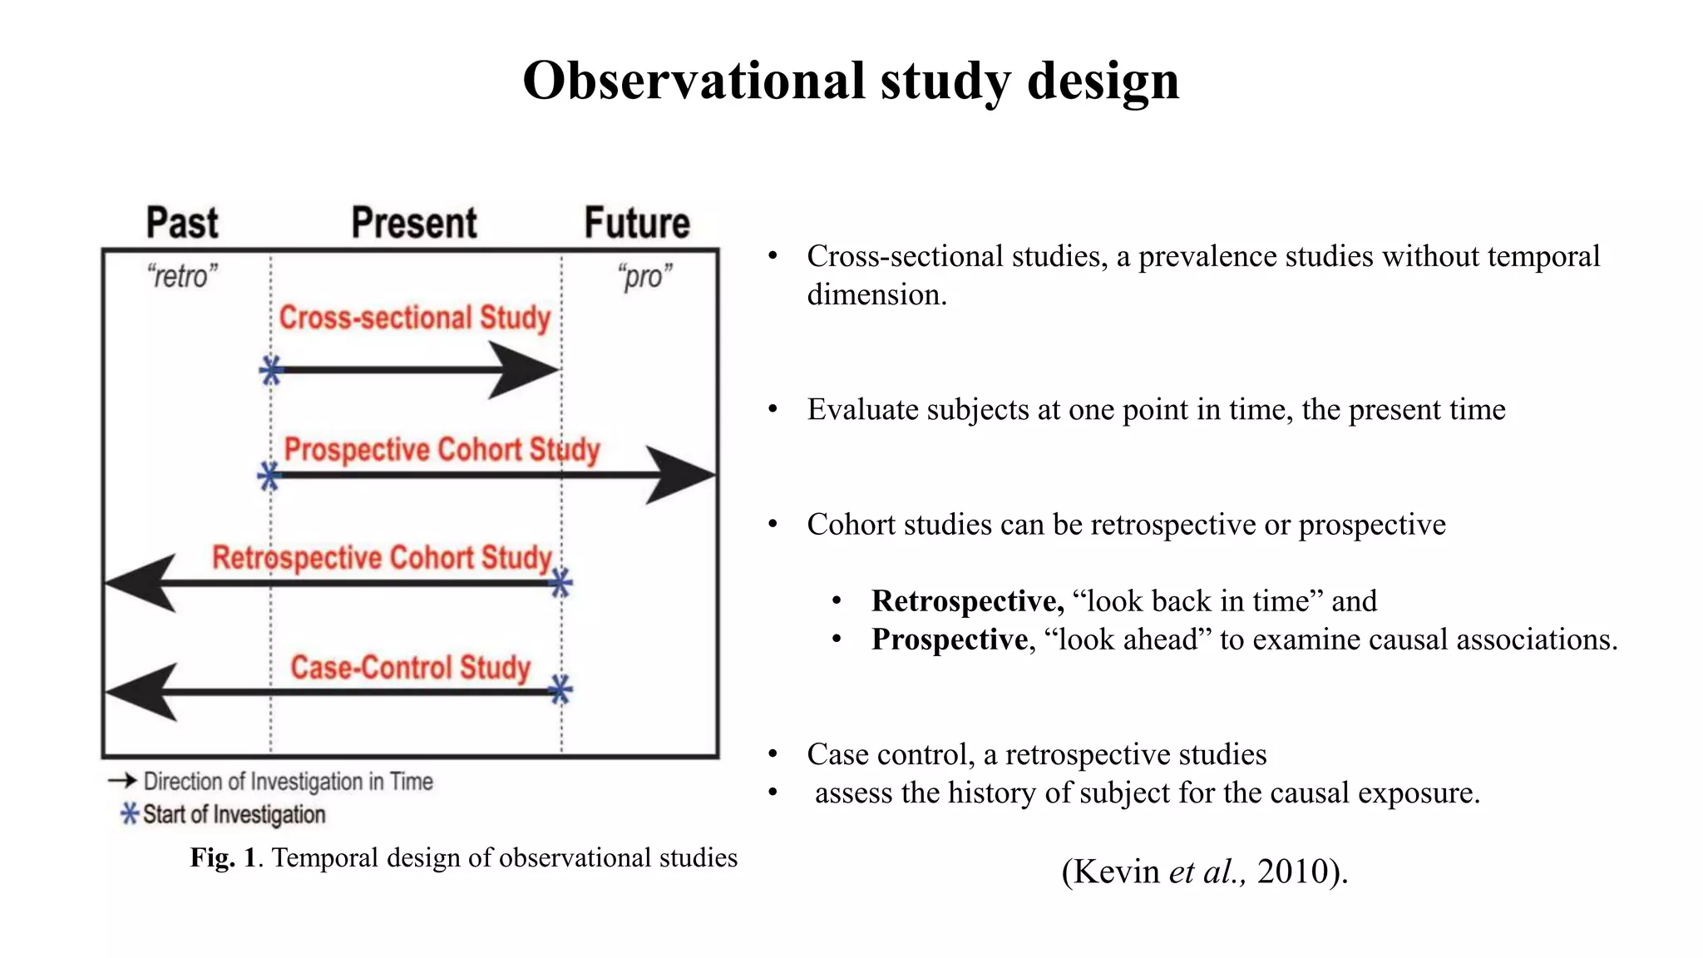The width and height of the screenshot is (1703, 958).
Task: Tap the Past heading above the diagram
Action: [182, 223]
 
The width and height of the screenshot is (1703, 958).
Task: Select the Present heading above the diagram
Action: [414, 223]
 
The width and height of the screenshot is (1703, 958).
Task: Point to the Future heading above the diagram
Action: [637, 223]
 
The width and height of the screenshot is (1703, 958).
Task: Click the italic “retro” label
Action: [182, 276]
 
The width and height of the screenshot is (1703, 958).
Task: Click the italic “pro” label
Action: [644, 276]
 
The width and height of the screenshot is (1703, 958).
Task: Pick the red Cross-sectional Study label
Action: [414, 318]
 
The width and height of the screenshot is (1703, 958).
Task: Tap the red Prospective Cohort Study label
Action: [442, 450]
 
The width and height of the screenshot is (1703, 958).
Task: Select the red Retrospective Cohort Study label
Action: [382, 557]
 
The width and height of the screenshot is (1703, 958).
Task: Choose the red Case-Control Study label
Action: [410, 667]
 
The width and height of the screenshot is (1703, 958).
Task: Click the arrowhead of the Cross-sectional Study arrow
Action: [524, 370]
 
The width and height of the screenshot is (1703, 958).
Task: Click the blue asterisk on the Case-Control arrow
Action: [561, 689]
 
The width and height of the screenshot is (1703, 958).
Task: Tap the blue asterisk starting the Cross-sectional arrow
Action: [271, 370]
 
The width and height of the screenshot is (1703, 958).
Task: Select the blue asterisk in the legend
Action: [130, 813]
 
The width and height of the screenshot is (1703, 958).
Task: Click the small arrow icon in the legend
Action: [122, 780]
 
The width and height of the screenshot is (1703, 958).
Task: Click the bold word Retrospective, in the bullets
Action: [967, 600]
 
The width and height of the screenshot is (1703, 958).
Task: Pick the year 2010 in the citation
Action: [1291, 872]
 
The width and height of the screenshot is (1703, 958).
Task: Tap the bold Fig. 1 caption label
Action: [223, 857]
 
